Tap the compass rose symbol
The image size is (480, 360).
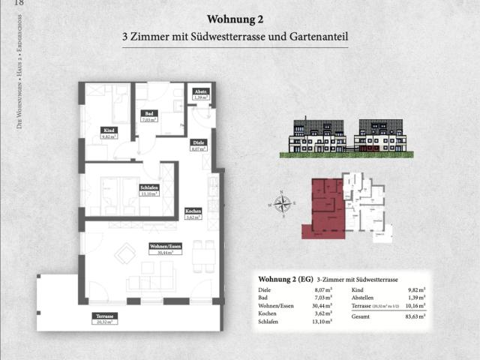tap(283, 203)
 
